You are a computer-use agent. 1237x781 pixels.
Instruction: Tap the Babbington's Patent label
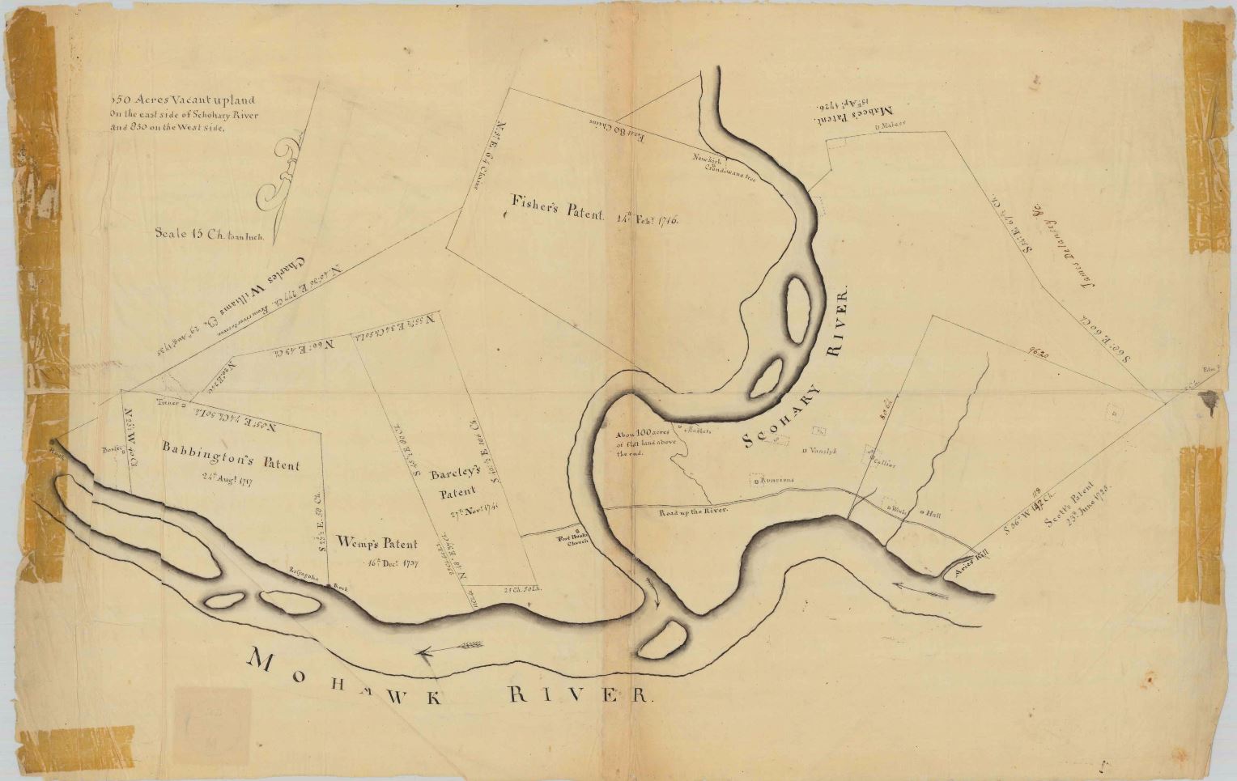pyautogui.click(x=230, y=456)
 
